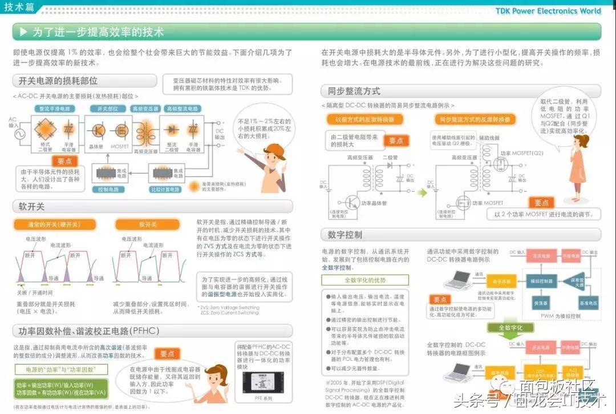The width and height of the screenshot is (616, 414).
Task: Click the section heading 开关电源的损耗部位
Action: (x=58, y=81)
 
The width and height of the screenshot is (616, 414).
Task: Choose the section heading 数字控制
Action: (x=345, y=235)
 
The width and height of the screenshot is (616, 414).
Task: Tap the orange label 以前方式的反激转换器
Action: (x=365, y=119)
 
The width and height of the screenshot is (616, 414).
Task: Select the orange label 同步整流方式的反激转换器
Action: (x=473, y=119)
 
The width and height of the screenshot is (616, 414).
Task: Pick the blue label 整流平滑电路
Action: (x=55, y=108)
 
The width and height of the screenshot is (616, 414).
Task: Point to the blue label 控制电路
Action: (x=108, y=189)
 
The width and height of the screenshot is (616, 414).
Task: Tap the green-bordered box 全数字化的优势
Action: (x=365, y=280)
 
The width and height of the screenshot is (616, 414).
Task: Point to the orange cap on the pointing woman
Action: (x=273, y=150)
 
